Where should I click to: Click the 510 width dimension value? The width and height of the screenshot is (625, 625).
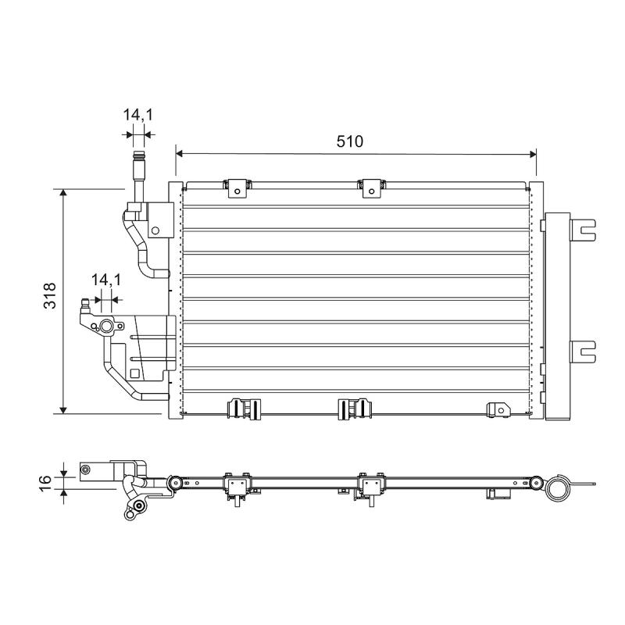(349, 141)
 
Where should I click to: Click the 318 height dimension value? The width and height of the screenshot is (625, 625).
(50, 296)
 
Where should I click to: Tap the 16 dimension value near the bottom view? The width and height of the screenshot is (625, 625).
(45, 483)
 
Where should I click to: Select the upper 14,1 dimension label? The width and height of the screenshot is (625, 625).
(138, 115)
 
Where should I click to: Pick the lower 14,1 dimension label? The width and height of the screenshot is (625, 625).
(106, 280)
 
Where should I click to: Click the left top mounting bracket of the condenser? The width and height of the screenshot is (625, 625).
(237, 188)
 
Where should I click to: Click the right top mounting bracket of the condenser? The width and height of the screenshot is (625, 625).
(372, 188)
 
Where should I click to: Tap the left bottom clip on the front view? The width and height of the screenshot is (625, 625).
(244, 409)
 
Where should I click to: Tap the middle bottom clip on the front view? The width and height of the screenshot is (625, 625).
(355, 409)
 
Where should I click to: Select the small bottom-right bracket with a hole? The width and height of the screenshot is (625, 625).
(499, 409)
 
